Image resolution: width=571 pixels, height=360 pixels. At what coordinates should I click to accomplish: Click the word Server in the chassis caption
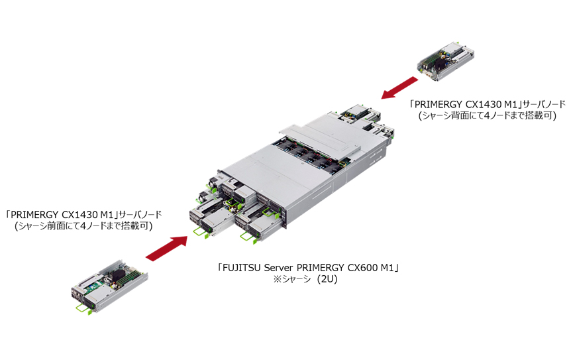[281, 269]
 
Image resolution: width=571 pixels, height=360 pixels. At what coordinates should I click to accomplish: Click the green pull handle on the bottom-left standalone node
[82, 306]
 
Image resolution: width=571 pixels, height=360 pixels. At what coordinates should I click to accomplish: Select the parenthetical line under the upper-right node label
[486, 116]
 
